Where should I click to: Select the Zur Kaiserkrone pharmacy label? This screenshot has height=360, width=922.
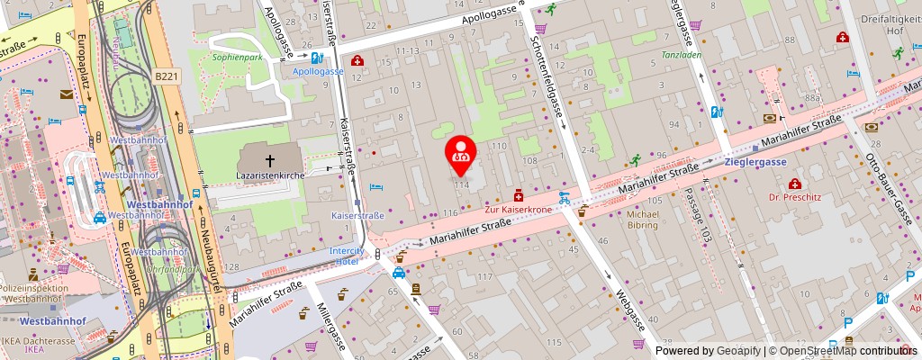[x=517, y=209]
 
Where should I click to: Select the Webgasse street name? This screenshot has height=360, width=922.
[x=629, y=310]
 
